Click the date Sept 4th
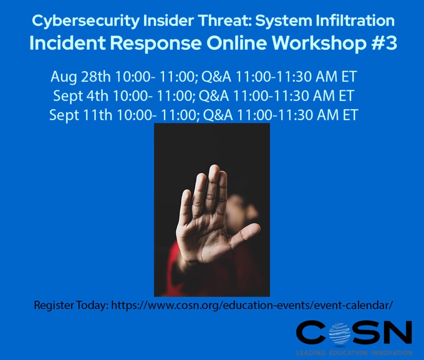(80, 96)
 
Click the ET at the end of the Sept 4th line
(345, 96)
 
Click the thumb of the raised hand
(247, 233)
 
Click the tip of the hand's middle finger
(214, 169)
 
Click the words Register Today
(71, 306)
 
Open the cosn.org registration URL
(252, 306)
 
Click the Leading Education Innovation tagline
(354, 353)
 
